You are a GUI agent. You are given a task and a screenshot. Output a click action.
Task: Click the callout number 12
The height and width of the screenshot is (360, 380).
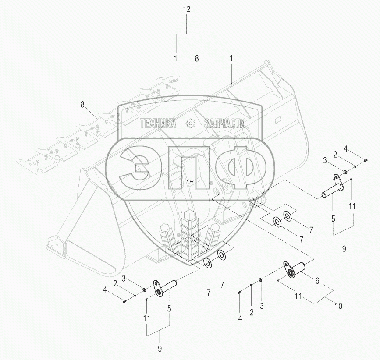coord(187,9)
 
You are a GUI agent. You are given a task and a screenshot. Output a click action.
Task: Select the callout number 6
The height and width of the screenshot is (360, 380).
coord(317,281)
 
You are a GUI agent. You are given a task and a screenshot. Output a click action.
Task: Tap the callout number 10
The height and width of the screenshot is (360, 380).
coord(338,306)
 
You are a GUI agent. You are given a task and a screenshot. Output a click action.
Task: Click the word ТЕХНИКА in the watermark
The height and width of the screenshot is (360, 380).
coord(158,124)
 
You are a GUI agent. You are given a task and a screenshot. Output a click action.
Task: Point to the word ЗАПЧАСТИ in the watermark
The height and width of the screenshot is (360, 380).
coord(225,124)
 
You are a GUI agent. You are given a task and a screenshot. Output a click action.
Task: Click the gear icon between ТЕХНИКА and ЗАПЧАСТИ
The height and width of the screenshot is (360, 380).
coord(190,124)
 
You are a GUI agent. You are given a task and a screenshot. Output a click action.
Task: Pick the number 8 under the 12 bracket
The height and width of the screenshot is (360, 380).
coord(197,58)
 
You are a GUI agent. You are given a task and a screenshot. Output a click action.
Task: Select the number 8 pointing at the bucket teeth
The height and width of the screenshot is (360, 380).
coord(83,105)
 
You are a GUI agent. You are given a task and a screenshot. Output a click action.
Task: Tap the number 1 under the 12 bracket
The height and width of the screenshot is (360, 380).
coord(176,58)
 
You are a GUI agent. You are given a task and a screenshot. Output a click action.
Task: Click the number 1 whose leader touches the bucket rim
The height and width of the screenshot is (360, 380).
coord(231,58)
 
